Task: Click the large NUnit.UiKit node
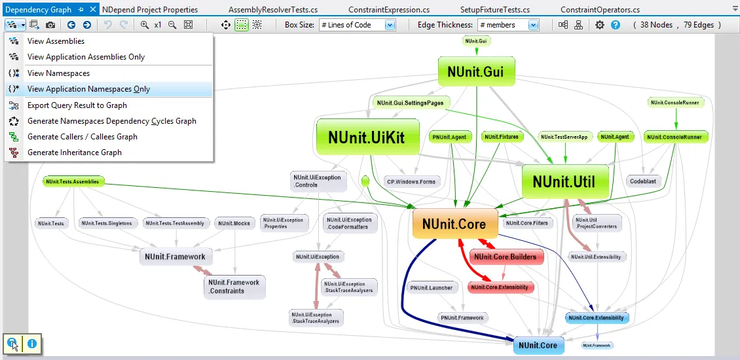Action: (x=367, y=137)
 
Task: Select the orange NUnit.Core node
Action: (x=454, y=224)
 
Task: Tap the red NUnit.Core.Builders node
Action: (x=505, y=257)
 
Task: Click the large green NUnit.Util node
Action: (x=564, y=182)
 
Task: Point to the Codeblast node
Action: (x=642, y=181)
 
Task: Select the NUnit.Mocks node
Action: (x=234, y=223)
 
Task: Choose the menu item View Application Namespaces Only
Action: (x=88, y=89)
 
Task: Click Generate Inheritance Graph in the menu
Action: (x=75, y=153)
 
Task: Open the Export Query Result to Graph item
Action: (x=77, y=105)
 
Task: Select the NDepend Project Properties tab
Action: (x=150, y=10)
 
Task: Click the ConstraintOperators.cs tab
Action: (x=600, y=10)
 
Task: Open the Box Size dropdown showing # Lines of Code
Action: (x=358, y=25)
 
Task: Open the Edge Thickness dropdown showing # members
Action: (x=508, y=25)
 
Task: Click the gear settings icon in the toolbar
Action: (x=600, y=25)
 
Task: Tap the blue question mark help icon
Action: (x=615, y=25)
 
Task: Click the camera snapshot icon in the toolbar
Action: (x=50, y=25)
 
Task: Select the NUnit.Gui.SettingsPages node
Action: (x=411, y=103)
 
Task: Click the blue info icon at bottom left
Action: (x=31, y=343)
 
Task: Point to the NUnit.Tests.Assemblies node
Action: (x=73, y=181)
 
